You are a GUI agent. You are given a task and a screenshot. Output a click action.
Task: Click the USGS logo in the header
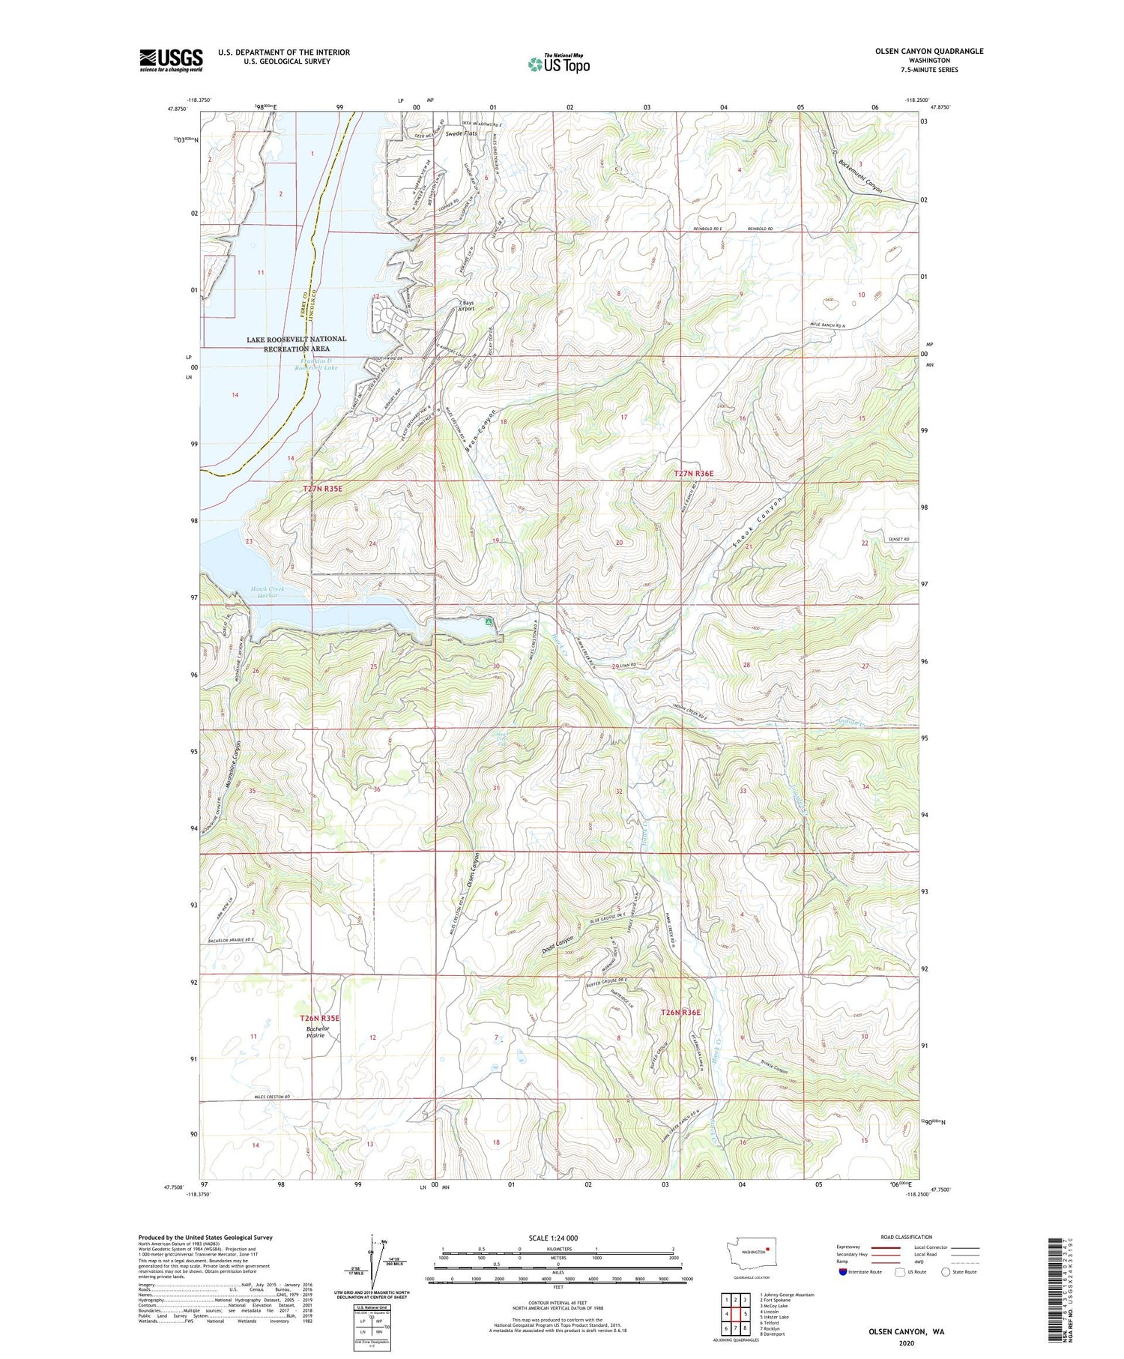(x=171, y=60)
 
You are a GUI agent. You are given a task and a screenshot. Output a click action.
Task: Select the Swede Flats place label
(x=460, y=133)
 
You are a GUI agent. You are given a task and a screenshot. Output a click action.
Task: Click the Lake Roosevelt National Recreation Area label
(x=296, y=343)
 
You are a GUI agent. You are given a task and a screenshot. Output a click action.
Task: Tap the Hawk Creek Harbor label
(x=265, y=592)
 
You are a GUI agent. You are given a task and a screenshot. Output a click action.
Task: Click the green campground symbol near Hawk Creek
(x=489, y=621)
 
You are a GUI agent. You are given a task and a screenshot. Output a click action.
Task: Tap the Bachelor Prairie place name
(x=317, y=1032)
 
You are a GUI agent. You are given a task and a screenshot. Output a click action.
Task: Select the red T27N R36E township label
(x=693, y=473)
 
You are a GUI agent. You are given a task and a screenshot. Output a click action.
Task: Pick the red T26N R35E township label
(x=320, y=1018)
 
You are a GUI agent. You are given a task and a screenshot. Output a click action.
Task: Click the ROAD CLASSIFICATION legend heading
(x=907, y=1237)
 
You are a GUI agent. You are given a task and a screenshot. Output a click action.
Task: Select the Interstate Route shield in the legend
(x=843, y=1272)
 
